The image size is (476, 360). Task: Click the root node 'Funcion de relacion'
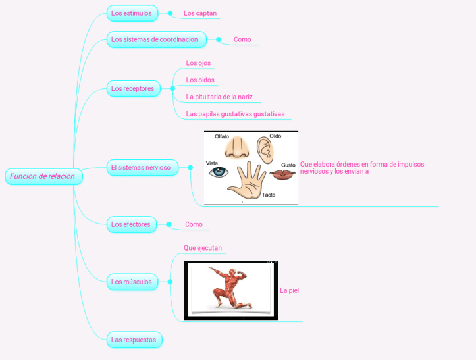click(43, 176)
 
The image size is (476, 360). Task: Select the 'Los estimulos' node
click(132, 13)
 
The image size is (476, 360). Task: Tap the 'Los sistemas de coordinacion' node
click(155, 39)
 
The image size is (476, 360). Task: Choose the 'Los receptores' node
click(133, 88)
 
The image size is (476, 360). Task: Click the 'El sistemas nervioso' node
click(142, 168)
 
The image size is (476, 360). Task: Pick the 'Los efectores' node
click(131, 224)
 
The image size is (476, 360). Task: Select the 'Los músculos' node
click(132, 282)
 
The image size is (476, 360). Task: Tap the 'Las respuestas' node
click(134, 340)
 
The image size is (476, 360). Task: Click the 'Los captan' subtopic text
click(200, 13)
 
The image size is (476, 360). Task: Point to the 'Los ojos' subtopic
click(198, 63)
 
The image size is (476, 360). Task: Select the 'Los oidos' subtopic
click(200, 80)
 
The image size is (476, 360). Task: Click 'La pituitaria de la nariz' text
click(219, 97)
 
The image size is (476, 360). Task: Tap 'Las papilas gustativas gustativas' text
click(235, 114)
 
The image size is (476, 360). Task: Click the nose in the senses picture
click(236, 149)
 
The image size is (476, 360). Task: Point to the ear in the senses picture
click(265, 150)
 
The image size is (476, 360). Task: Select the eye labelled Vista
click(218, 172)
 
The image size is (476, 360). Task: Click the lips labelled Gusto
click(282, 174)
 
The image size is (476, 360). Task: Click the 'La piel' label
click(289, 290)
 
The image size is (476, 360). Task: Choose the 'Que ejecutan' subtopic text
click(203, 248)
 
